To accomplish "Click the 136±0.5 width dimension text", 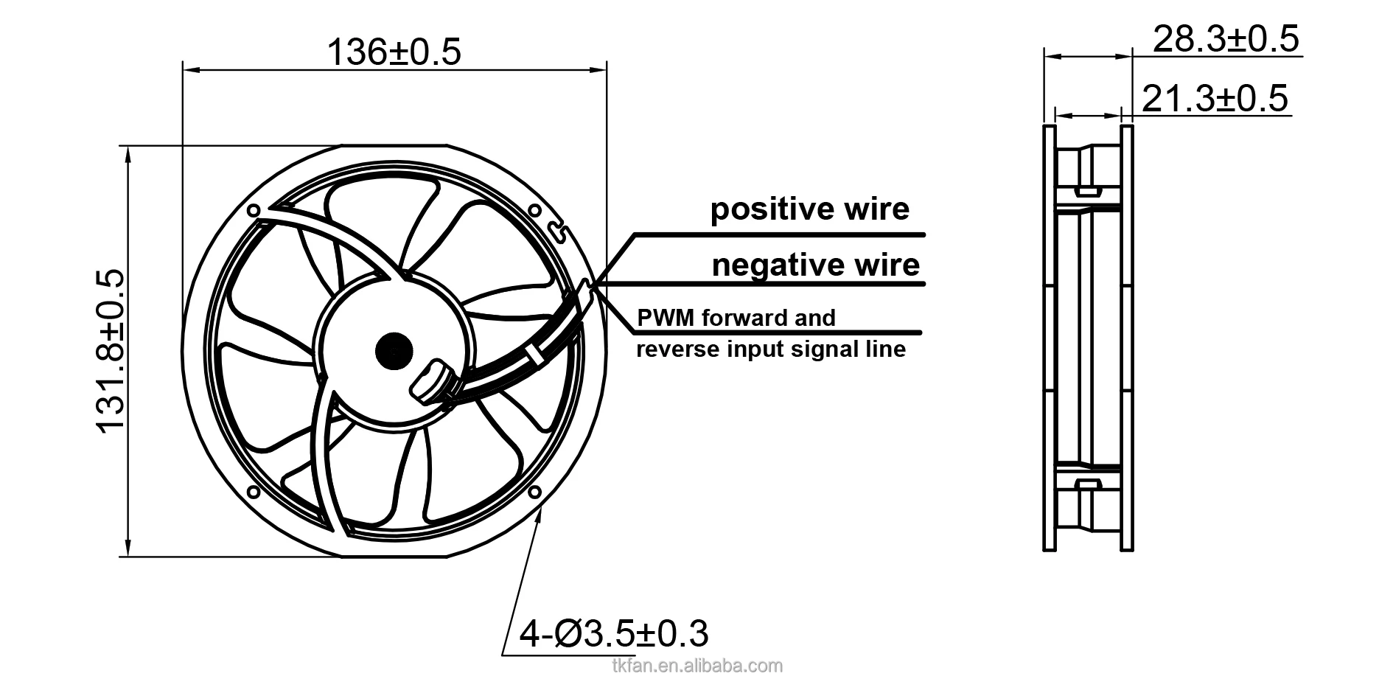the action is click(x=394, y=52).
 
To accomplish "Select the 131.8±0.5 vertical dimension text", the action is click(x=111, y=352).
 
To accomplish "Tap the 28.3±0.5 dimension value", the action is click(x=1226, y=38).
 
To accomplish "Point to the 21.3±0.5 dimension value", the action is click(x=1215, y=98).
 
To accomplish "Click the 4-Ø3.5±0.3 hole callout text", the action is click(x=614, y=633).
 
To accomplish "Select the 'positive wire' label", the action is click(x=809, y=209).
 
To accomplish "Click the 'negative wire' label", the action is click(x=815, y=265).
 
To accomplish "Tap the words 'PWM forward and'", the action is click(x=736, y=318).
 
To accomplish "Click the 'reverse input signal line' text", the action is click(x=770, y=349).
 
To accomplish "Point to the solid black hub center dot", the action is click(x=394, y=351).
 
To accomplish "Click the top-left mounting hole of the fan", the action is click(x=254, y=211).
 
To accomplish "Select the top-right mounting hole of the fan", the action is click(x=535, y=209).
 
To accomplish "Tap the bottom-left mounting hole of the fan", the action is click(x=253, y=491).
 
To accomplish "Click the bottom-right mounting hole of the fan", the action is click(x=535, y=491).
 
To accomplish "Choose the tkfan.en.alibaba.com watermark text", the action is click(x=696, y=666).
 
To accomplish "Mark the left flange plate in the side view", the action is click(x=1049, y=338).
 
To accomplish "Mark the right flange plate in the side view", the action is click(x=1126, y=338).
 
